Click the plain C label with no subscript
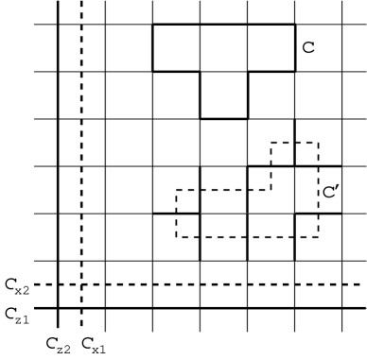tap(307, 45)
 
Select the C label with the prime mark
tap(328, 190)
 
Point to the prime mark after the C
tap(333, 185)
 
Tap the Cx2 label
tap(16, 283)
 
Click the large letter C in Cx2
tap(9, 282)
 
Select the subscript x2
tap(23, 290)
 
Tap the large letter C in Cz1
tap(9, 312)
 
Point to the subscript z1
tap(22, 320)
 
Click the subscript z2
tap(63, 350)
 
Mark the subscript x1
tap(98, 350)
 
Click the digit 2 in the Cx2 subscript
tap(26, 290)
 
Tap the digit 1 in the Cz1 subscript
tap(26, 320)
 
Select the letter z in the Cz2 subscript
tap(60, 350)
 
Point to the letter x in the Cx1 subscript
tap(95, 350)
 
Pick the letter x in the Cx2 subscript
tap(19, 290)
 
